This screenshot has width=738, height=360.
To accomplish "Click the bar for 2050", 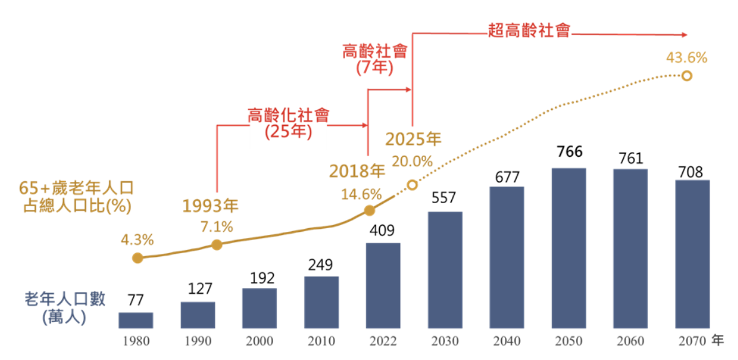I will (569, 248).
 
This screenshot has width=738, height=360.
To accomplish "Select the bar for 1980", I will (136, 320).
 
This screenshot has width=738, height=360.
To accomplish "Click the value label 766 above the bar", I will (569, 152).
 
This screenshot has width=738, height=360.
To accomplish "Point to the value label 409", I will (382, 231).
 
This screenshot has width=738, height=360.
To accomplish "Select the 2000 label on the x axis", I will (259, 341).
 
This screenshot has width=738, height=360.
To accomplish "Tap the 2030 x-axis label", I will (445, 341).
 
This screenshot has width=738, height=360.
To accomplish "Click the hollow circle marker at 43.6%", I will (687, 76).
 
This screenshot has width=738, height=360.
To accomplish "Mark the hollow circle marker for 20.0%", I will (412, 185).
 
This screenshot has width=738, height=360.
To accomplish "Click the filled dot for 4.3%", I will (137, 258).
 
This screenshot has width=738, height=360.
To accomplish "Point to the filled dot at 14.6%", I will (369, 211).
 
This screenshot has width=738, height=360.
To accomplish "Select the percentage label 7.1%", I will (217, 226).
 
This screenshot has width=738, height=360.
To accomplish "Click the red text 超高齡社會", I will (529, 30).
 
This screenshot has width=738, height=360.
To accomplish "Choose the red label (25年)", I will (288, 132).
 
